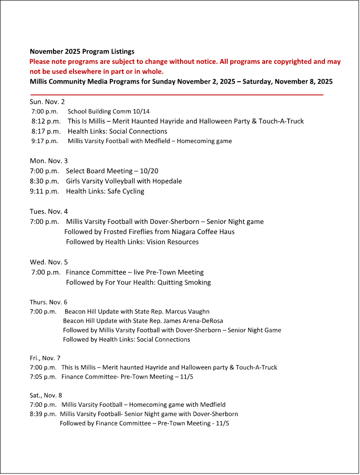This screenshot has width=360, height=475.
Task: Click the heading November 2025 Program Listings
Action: point(82,51)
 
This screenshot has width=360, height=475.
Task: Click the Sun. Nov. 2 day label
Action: point(47,102)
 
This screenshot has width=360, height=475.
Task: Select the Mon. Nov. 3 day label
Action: point(49,161)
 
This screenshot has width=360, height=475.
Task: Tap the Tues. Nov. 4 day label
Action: point(49,211)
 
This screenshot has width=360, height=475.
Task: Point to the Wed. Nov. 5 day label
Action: point(49,262)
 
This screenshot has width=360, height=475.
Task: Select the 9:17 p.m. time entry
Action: point(45,141)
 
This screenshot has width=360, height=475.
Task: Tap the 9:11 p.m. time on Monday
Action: point(44,191)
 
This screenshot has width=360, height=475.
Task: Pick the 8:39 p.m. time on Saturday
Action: point(43,414)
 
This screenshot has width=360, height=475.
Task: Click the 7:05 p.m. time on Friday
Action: point(43,377)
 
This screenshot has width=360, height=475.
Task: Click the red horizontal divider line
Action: point(177,93)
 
